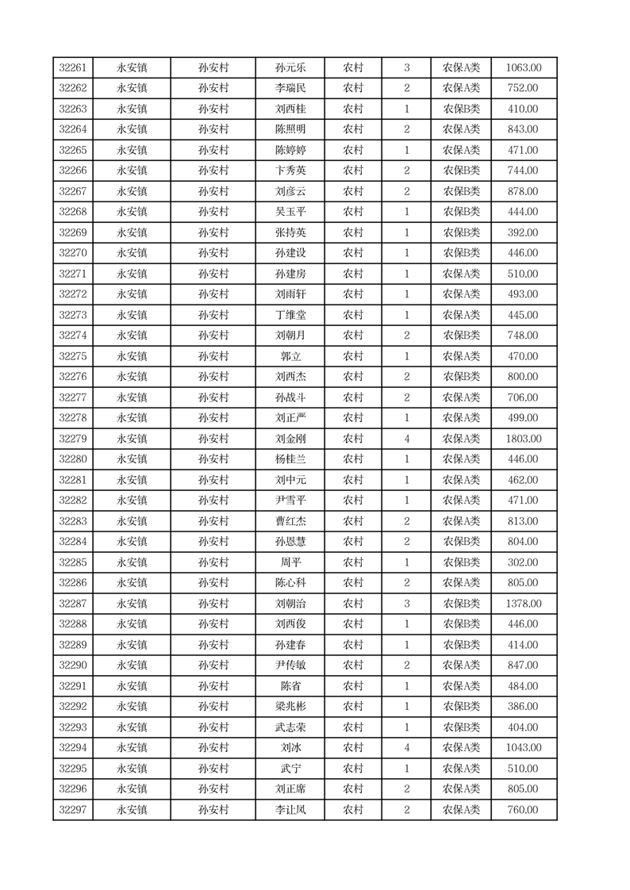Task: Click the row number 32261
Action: point(73,68)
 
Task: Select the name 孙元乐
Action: point(290,68)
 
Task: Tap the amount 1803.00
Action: point(523,439)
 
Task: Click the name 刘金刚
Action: point(290,439)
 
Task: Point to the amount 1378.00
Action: point(523,604)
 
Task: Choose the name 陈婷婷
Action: point(290,151)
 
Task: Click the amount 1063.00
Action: point(523,68)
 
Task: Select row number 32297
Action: point(73,810)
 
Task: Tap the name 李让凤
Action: point(290,810)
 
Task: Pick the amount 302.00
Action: point(523,562)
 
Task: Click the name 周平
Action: point(290,562)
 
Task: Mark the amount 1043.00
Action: point(523,748)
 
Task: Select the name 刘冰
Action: point(290,748)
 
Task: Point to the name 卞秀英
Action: point(290,171)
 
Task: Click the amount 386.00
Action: point(523,707)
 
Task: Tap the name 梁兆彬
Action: point(290,707)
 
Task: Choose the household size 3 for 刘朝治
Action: point(407,604)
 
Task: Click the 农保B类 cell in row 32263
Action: point(461,109)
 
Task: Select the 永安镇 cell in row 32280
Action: point(132,459)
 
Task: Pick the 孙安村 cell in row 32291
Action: point(213,686)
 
